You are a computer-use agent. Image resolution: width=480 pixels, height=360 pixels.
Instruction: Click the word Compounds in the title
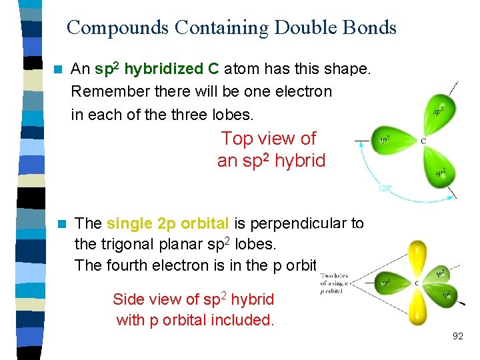pos(117,28)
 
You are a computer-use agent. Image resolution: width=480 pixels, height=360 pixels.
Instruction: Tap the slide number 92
pos(457,336)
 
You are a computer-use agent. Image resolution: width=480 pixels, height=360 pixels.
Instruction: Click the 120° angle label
pos(385,189)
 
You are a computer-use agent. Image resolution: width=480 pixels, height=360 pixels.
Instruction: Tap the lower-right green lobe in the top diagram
pos(438,169)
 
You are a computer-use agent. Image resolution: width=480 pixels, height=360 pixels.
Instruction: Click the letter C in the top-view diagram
pos(423,141)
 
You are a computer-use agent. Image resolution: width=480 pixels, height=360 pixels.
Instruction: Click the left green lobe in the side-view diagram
pos(389,282)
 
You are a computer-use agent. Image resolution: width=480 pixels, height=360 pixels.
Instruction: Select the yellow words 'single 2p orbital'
pos(164,223)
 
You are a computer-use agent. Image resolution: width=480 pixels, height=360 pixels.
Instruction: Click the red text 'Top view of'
pos(268,139)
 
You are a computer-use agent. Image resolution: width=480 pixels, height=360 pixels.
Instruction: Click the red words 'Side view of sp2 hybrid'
pos(193,299)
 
